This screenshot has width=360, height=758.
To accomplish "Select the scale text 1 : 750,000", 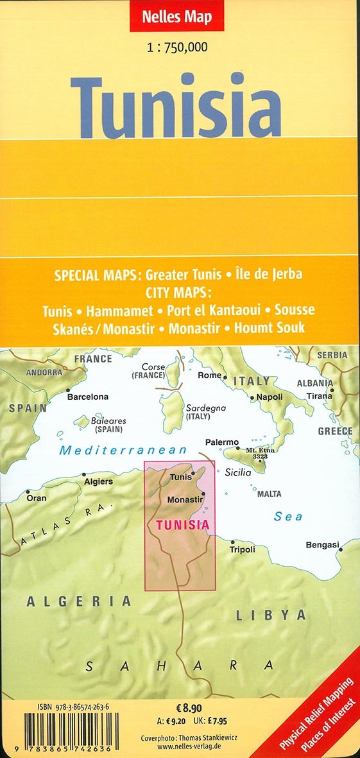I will point(180,46).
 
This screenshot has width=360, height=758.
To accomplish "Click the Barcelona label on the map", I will point(88,397).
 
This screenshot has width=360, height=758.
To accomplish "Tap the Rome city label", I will point(209,375).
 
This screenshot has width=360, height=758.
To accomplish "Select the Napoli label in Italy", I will point(269,397).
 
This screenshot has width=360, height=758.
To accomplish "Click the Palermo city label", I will point(221,442).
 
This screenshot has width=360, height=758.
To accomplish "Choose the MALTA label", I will point(269,494).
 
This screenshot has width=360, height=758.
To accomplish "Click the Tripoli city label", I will point(242,549).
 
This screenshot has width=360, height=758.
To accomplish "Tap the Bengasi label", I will point(321,545).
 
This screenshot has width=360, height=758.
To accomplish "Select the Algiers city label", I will point(98,481).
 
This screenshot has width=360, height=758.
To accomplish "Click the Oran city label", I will point(36,497).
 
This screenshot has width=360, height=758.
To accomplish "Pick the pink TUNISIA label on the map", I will point(182,525).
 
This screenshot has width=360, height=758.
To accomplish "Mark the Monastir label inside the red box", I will point(184,499).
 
